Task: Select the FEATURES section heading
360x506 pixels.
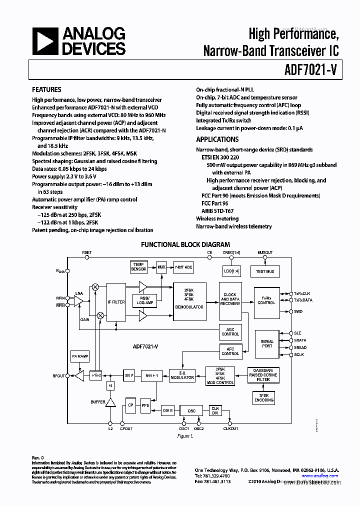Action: (46, 89)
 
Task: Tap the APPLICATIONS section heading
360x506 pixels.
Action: (217, 139)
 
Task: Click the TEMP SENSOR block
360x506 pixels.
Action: (138, 266)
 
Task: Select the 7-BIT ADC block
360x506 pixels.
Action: (183, 267)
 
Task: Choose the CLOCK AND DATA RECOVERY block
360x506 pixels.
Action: (230, 299)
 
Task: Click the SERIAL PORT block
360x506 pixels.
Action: (267, 344)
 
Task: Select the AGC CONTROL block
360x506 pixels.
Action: (230, 331)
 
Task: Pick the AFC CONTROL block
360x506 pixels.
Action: (230, 351)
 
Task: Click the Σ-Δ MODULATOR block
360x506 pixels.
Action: (182, 375)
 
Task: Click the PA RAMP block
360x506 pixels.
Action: (80, 355)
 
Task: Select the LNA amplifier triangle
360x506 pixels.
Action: (78, 300)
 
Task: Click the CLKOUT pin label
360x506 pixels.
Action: (230, 428)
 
